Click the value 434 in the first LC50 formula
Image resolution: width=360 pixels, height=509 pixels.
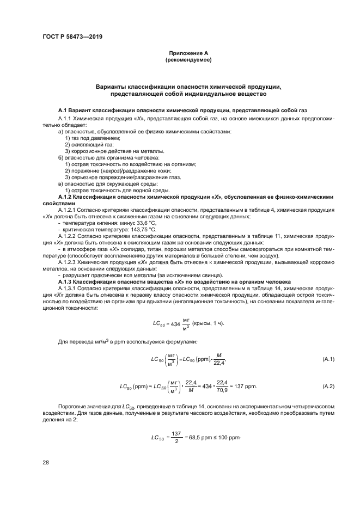point(175,324)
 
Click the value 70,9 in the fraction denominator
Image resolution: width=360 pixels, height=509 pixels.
point(224,390)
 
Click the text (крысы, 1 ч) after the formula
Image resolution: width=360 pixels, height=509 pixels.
point(208,324)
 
